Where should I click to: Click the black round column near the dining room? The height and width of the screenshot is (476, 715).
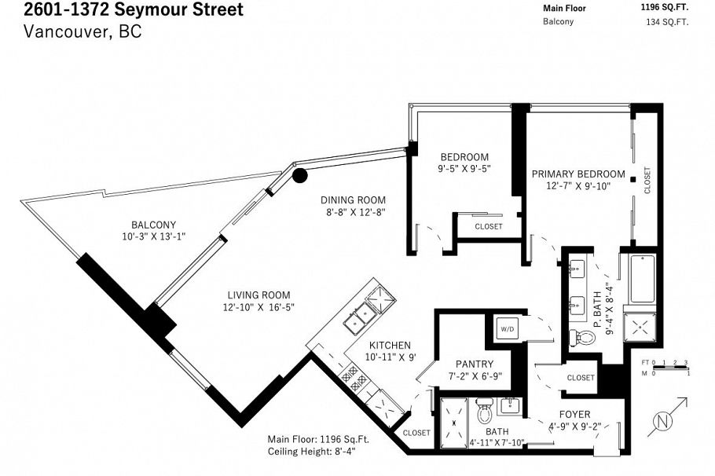299,174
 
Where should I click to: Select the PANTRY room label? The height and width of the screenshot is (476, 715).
474,364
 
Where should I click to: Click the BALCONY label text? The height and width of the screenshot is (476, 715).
154,225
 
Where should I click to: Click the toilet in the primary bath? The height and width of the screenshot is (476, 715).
582,338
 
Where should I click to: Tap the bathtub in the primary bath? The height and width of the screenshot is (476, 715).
642,280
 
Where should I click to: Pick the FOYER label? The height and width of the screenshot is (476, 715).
574,414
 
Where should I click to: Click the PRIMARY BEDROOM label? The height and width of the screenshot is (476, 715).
578,174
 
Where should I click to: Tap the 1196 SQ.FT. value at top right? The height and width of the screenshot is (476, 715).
665,8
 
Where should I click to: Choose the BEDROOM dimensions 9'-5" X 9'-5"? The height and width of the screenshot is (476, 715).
464,168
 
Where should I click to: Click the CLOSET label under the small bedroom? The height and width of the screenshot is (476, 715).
488,227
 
